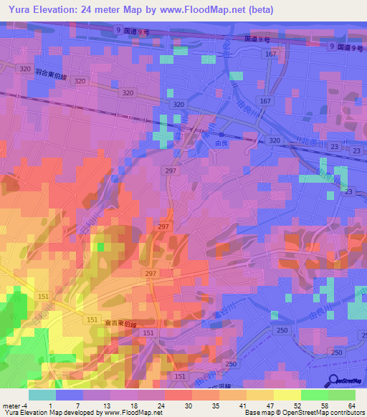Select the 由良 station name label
pos(222,143)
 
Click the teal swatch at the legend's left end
pos(42,395)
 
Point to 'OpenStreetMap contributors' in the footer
pos(327,413)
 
